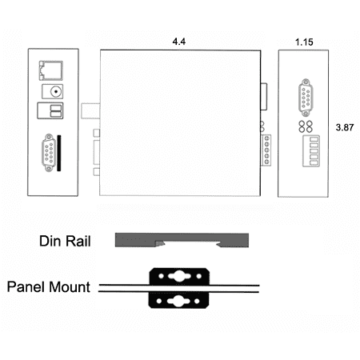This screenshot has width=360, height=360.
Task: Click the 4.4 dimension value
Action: [178, 42]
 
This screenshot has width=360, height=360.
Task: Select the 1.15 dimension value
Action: [304, 42]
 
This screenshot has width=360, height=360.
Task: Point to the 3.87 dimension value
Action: [345, 127]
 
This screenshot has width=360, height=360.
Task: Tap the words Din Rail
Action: [65, 241]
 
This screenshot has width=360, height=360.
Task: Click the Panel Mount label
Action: [49, 287]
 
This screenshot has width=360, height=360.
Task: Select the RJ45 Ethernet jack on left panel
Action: [51, 70]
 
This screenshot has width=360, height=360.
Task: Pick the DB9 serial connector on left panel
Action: [49, 153]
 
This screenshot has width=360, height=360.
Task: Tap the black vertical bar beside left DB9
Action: [59, 153]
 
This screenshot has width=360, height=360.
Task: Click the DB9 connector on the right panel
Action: [306, 98]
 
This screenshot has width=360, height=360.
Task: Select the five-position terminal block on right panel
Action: [311, 151]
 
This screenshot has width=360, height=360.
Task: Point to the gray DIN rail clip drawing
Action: [182, 240]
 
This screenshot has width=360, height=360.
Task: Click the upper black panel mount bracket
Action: [179, 277]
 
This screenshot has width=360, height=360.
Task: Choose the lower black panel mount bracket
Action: [178, 300]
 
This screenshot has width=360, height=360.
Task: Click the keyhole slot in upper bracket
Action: [179, 276]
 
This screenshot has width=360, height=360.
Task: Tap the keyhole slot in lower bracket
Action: [178, 301]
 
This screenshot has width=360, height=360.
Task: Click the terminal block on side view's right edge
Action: [266, 150]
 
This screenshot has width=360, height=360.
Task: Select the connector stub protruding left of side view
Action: [90, 111]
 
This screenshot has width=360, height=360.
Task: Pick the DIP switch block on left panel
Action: [50, 110]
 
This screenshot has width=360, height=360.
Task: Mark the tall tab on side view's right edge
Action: [264, 97]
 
